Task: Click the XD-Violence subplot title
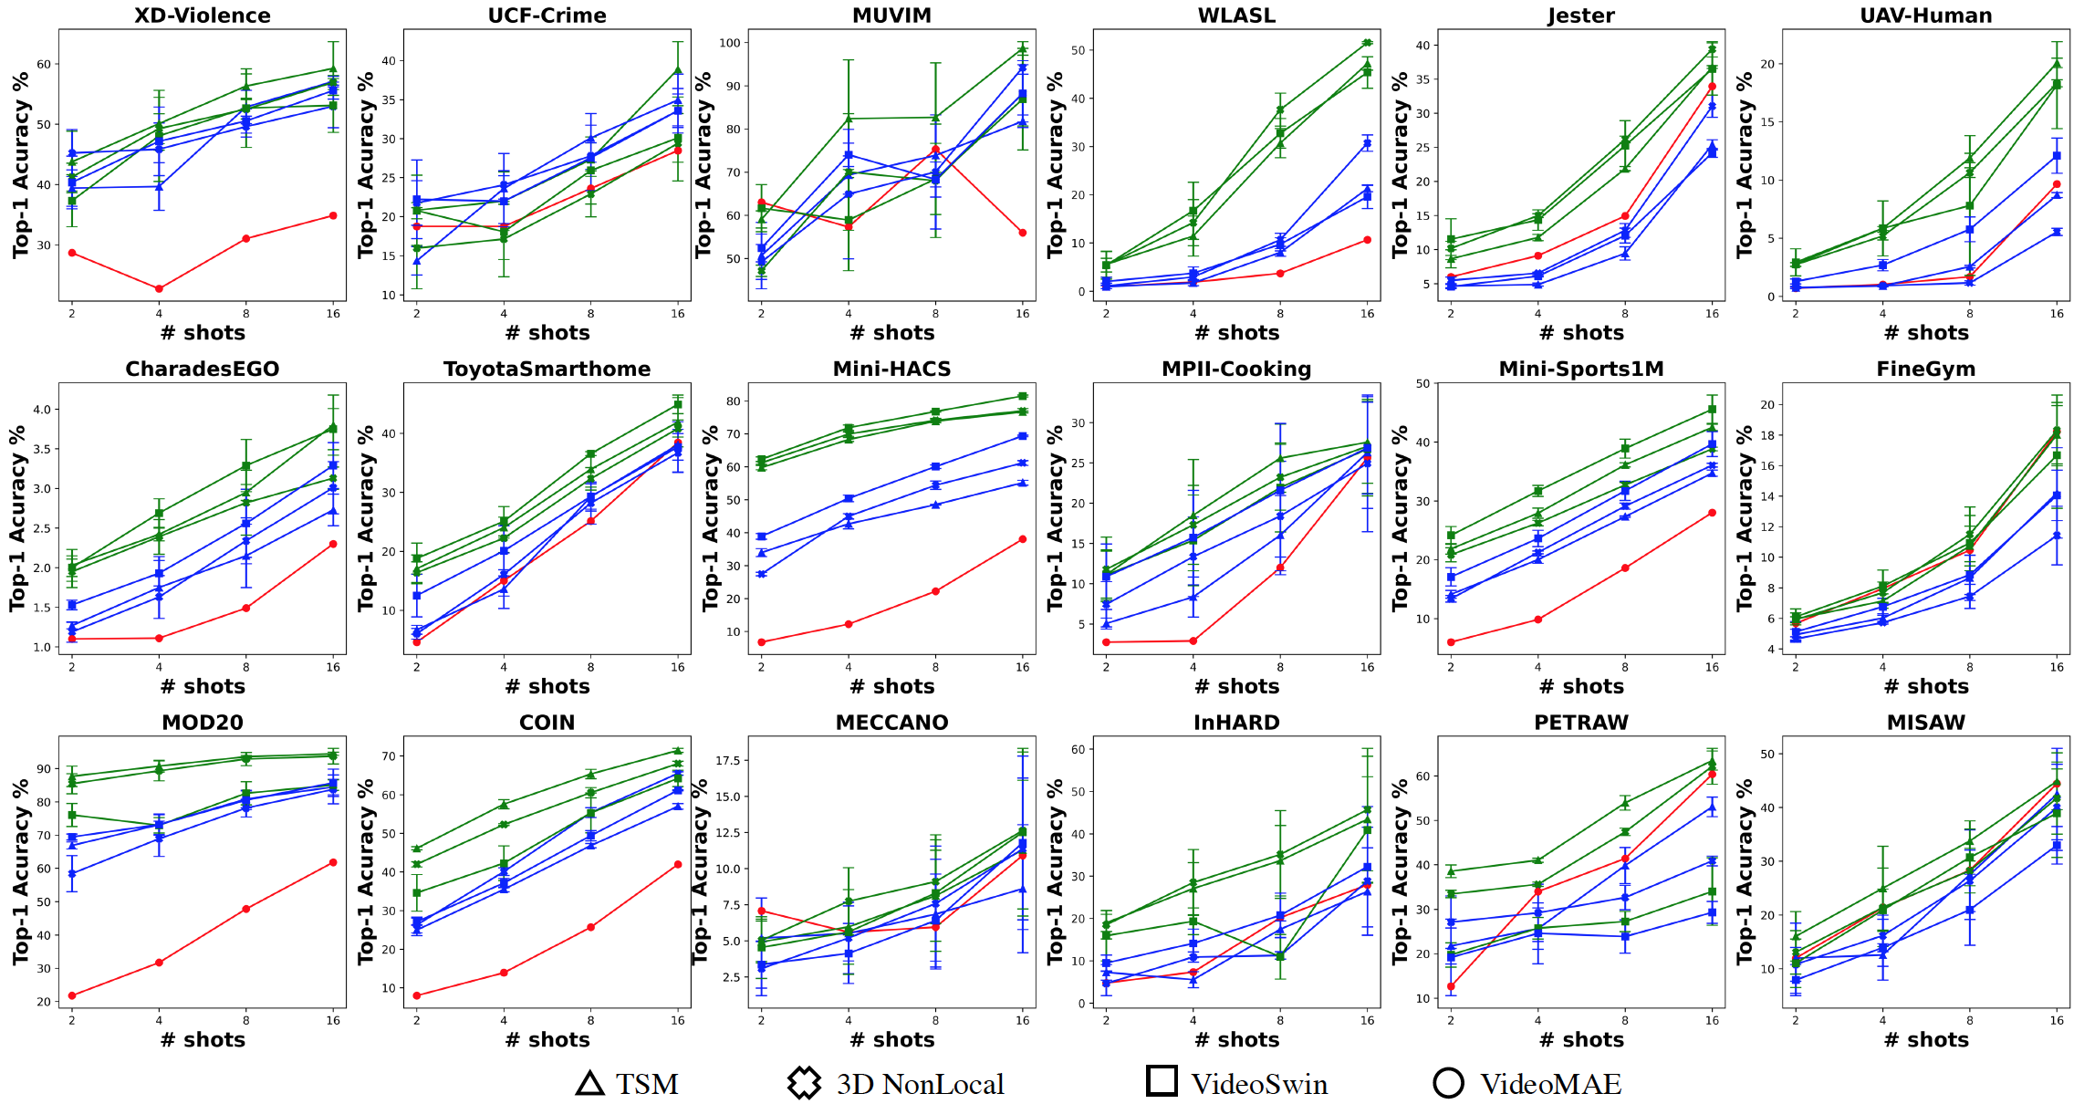(x=202, y=16)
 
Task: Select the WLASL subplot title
(x=1236, y=16)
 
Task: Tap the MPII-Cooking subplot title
(x=1236, y=369)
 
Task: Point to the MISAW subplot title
(x=1925, y=723)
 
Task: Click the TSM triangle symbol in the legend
(x=590, y=1083)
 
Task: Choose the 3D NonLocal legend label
(x=920, y=1084)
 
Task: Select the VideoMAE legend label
(x=1550, y=1084)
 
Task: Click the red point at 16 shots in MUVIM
(x=1023, y=233)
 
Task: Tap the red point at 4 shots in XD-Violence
(x=159, y=289)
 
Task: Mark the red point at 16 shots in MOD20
(x=333, y=862)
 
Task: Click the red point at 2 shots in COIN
(x=417, y=995)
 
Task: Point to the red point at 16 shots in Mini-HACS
(x=1023, y=539)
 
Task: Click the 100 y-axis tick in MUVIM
(x=729, y=43)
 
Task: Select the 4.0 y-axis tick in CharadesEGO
(x=42, y=410)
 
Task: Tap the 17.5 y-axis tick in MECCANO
(x=727, y=760)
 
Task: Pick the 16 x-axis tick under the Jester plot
(x=1712, y=314)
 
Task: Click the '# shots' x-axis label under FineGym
(x=1926, y=686)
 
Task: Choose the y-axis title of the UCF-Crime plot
(x=366, y=164)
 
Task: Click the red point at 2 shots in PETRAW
(x=1451, y=987)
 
